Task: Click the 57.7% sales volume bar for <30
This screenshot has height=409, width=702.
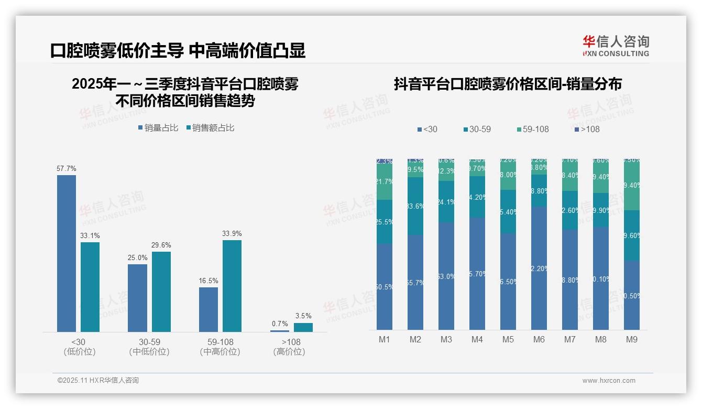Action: click(x=67, y=253)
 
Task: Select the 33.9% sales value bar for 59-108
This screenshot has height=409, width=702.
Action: click(x=232, y=286)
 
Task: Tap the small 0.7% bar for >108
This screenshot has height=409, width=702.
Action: click(x=280, y=331)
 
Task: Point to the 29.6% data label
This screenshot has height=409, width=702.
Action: click(x=161, y=245)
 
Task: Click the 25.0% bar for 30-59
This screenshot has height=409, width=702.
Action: click(x=137, y=298)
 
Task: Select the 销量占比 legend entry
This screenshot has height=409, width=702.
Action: click(x=158, y=127)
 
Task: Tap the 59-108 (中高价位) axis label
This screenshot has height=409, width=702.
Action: click(x=220, y=347)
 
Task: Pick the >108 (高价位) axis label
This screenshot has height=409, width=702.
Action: click(x=289, y=347)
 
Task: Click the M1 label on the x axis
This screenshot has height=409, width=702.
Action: click(x=385, y=340)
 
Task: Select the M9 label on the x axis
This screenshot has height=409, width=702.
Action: click(x=632, y=340)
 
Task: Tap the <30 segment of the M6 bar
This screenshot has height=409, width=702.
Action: click(x=539, y=268)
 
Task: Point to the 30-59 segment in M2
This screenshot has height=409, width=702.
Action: click(x=415, y=206)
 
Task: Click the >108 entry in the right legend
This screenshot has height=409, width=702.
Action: click(x=587, y=129)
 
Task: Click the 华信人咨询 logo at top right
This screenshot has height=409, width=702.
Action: click(x=616, y=46)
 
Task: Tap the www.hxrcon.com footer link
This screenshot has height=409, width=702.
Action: click(x=609, y=381)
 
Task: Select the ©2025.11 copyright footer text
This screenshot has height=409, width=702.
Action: click(x=98, y=381)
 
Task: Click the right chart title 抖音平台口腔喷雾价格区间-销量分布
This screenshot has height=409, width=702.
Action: click(x=508, y=84)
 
